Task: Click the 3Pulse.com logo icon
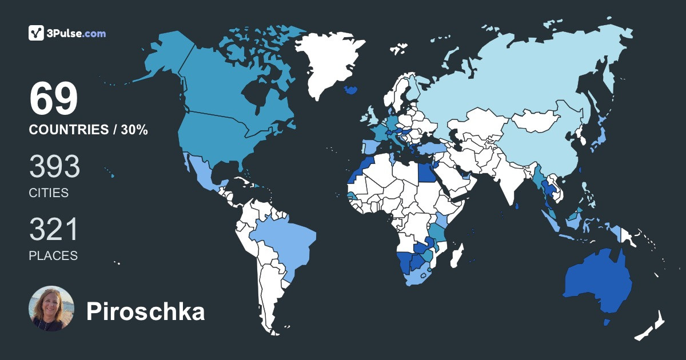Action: pos(37,33)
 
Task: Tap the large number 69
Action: pos(53,99)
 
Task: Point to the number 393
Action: pos(54,167)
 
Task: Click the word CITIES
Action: pos(49,193)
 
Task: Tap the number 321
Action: pos(53,230)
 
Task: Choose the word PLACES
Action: pos(53,256)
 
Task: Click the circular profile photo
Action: pos(51,309)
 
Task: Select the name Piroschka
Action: pos(145,312)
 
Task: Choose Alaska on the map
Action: pos(166,54)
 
